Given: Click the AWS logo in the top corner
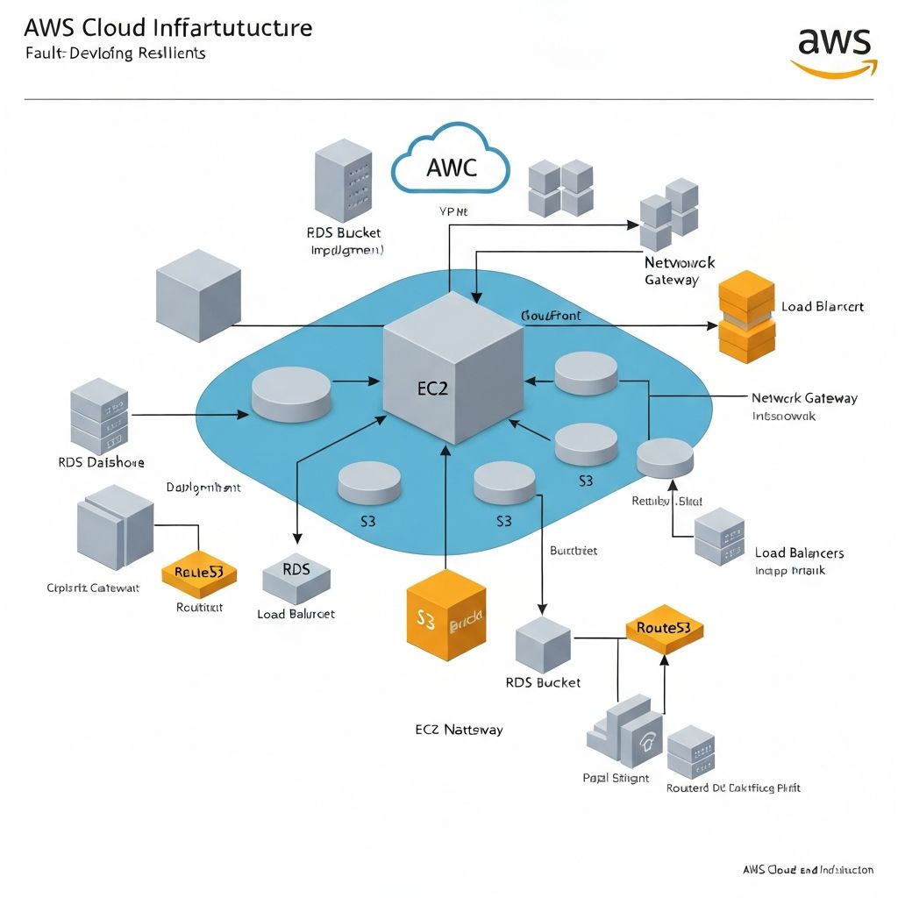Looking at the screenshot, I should pyautogui.click(x=832, y=52).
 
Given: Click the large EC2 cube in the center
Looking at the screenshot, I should pyautogui.click(x=453, y=368).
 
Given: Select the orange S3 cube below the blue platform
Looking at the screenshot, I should pyautogui.click(x=445, y=619).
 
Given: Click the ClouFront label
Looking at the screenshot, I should pyautogui.click(x=551, y=315).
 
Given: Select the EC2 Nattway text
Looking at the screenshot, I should pyautogui.click(x=459, y=729).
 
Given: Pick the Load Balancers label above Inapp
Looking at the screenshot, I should pyautogui.click(x=799, y=552).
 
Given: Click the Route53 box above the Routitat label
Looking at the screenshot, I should pyautogui.click(x=199, y=573).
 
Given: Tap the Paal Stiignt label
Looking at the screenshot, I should pyautogui.click(x=616, y=778).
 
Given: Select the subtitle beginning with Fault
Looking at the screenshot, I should pyautogui.click(x=115, y=53).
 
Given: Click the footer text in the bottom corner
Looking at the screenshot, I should pyautogui.click(x=807, y=870).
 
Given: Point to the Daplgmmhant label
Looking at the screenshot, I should pyautogui.click(x=203, y=488).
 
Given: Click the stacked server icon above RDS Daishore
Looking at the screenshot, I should pyautogui.click(x=98, y=416).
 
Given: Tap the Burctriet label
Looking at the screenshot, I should pyautogui.click(x=573, y=551).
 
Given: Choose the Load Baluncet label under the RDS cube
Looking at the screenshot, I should pyautogui.click(x=296, y=614).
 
